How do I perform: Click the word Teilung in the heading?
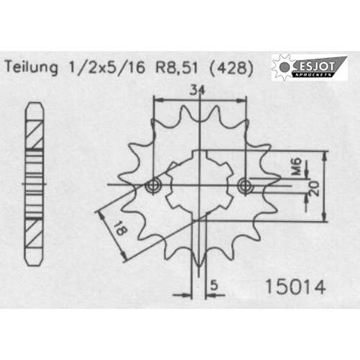(32, 67)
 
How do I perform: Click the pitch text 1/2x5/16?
(107, 68)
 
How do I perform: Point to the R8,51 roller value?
(177, 68)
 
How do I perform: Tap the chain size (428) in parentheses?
(231, 68)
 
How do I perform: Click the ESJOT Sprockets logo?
(310, 67)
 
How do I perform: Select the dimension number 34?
(197, 91)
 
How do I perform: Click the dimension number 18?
(120, 228)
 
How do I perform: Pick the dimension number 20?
(315, 189)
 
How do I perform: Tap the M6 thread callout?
(297, 166)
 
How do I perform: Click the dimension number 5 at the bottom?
(214, 286)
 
